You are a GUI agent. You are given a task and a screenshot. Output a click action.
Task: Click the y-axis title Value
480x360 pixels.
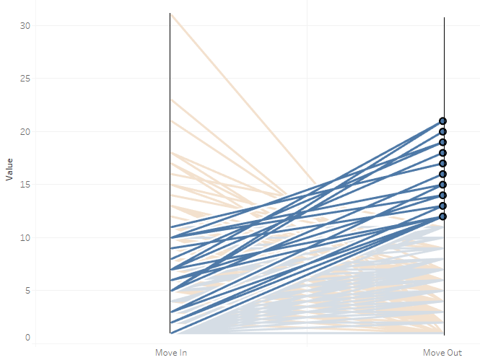pos(9,170)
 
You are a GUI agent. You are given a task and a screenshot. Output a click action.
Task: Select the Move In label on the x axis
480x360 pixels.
pos(171,353)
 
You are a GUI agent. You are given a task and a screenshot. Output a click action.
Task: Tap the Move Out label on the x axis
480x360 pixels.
pos(442,353)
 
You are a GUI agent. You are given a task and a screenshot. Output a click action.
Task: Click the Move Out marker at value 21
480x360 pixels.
pos(443,121)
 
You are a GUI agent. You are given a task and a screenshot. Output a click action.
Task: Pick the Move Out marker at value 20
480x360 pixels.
pos(443,131)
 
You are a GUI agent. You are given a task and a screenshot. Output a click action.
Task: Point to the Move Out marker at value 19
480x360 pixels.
pos(443,142)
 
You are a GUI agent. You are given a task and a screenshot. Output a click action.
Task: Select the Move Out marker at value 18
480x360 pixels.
pos(443,153)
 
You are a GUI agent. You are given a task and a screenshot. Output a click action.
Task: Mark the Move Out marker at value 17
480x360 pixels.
pos(443,163)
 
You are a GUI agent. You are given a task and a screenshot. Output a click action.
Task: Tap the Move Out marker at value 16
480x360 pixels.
pos(443,174)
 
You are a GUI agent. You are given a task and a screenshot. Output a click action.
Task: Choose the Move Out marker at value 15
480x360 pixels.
pos(443,185)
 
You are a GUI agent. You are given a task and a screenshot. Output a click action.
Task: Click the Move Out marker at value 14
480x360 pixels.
pos(443,195)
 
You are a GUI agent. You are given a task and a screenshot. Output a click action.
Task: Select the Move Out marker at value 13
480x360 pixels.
pos(443,206)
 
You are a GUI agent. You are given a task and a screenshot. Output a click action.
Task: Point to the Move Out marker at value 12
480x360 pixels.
pos(443,216)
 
